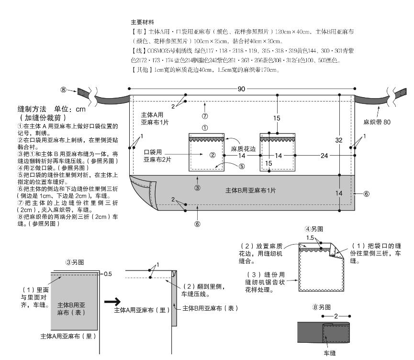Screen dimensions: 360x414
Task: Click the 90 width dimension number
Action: pyautogui.click(x=242, y=89)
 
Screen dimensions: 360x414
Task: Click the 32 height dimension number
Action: pyautogui.click(x=339, y=140)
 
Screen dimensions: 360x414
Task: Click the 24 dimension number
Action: pyautogui.click(x=324, y=155)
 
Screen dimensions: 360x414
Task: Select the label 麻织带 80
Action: pyautogui.click(x=377, y=122)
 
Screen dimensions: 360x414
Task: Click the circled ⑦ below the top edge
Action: pyautogui.click(x=204, y=116)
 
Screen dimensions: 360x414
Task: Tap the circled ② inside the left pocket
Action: pyautogui.click(x=213, y=155)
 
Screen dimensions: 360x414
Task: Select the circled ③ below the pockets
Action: pyautogui.click(x=197, y=188)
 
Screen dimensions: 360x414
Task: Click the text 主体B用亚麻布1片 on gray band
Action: pyautogui.click(x=250, y=191)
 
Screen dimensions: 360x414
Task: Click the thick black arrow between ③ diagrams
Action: pyautogui.click(x=111, y=302)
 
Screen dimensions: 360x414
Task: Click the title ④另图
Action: pyautogui.click(x=314, y=229)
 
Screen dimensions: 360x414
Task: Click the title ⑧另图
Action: pyautogui.click(x=322, y=307)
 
